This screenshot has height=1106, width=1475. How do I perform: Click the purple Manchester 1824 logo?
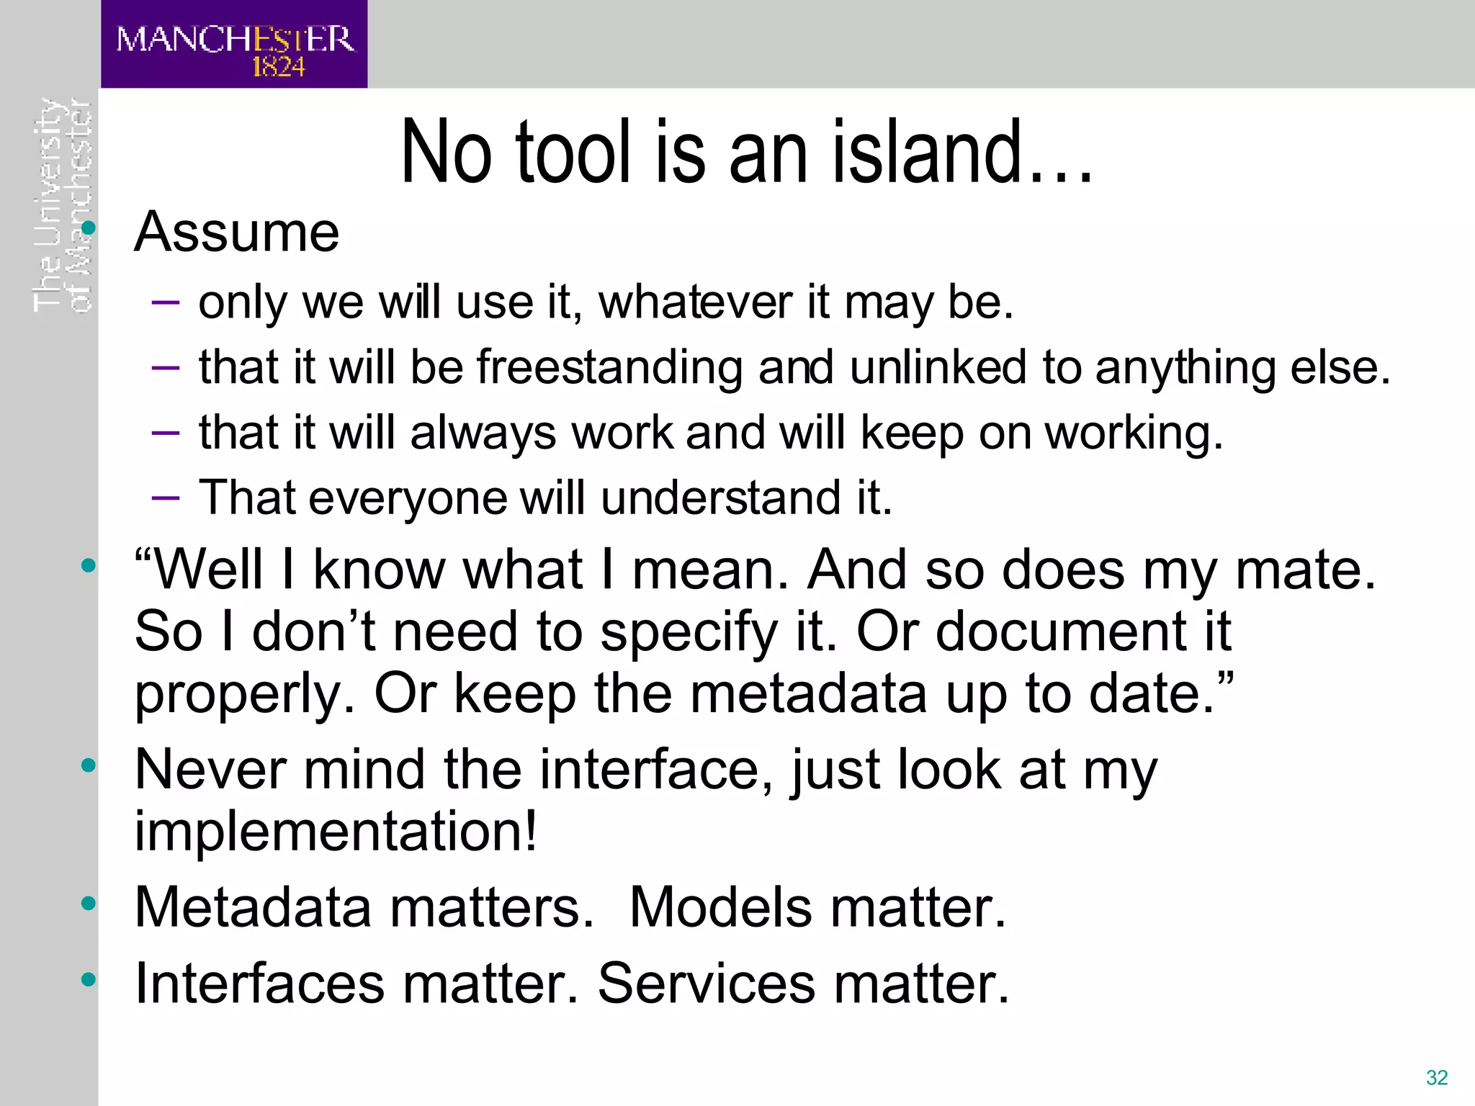[x=233, y=45]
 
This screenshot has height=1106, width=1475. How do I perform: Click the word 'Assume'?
[x=236, y=232]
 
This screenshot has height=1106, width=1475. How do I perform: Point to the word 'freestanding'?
[x=609, y=367]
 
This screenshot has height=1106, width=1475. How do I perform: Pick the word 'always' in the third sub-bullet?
[x=483, y=433]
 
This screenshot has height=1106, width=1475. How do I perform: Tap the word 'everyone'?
[x=407, y=498]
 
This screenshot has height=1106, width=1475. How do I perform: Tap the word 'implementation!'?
[x=336, y=831]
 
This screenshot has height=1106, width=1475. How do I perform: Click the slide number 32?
[x=1436, y=1078]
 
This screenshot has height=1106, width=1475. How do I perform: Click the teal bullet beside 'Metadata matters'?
[x=89, y=903]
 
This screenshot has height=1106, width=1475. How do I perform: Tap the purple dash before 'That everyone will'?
[x=166, y=498]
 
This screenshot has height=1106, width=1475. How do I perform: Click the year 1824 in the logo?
[x=278, y=67]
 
